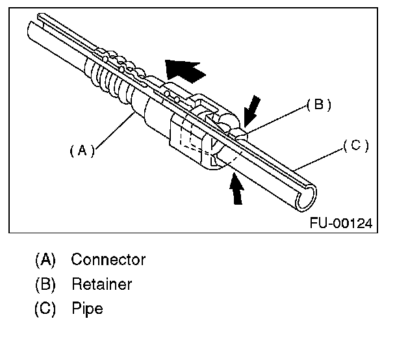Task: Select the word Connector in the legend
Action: (108, 260)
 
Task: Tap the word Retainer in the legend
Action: (102, 284)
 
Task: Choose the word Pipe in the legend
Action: (87, 309)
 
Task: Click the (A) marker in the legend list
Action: (45, 260)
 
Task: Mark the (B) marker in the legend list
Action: (45, 284)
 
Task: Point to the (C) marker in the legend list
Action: (45, 309)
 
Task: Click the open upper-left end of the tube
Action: (32, 29)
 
